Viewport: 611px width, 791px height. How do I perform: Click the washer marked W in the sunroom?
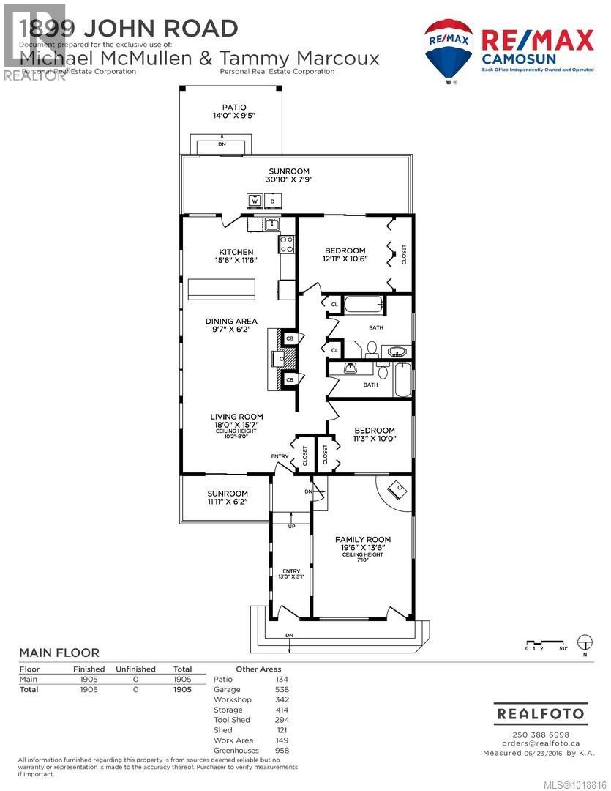coord(255,200)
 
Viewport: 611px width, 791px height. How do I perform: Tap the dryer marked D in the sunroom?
coord(273,200)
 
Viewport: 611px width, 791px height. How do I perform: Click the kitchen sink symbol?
coord(271,225)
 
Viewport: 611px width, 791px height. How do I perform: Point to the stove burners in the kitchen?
coord(285,243)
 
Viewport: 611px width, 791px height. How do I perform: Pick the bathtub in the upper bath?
coord(360,305)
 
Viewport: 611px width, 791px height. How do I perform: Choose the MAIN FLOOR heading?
coord(59,653)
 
